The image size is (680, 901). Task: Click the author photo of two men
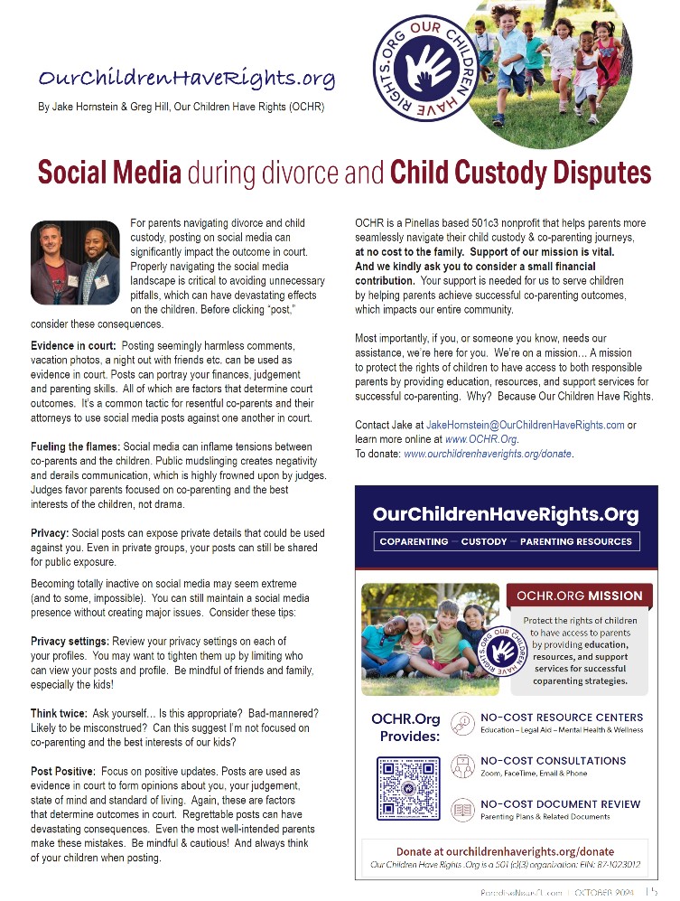75,263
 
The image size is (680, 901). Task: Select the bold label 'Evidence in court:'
73,346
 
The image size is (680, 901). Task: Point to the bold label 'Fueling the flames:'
75,447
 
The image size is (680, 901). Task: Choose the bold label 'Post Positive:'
63,772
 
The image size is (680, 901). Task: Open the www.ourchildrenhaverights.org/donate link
489,454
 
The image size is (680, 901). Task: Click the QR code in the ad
407,787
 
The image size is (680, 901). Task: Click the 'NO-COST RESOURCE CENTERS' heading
561,718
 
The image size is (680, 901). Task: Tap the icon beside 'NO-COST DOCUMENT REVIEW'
461,809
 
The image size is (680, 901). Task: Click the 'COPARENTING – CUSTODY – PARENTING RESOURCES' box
506,541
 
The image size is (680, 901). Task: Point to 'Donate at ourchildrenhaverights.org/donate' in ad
505,851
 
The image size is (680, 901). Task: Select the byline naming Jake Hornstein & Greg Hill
181,107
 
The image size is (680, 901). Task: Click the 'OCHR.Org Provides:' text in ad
405,727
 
